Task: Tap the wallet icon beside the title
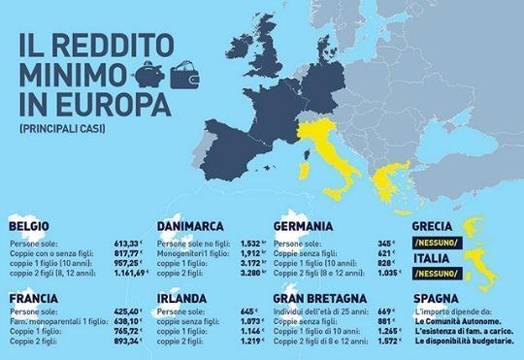(183, 74)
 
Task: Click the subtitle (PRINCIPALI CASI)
(60, 127)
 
